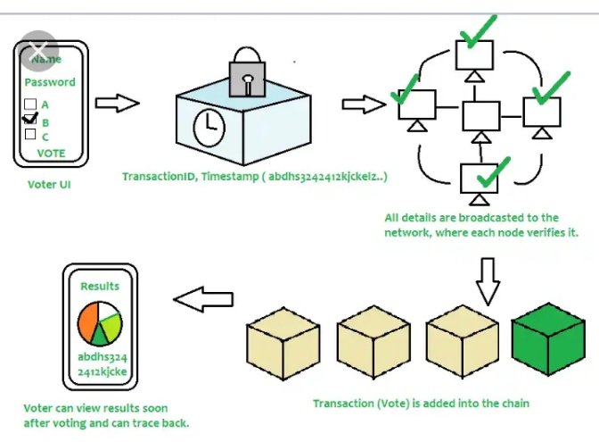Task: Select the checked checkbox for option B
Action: click(30, 119)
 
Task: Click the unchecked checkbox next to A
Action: click(30, 104)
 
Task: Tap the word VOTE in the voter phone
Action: click(51, 153)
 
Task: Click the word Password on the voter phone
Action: click(50, 81)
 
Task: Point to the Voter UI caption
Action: click(49, 186)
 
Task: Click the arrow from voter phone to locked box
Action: click(117, 104)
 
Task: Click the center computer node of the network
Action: click(481, 116)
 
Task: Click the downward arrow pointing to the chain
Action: click(486, 281)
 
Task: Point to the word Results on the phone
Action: click(99, 287)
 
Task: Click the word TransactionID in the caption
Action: click(160, 177)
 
